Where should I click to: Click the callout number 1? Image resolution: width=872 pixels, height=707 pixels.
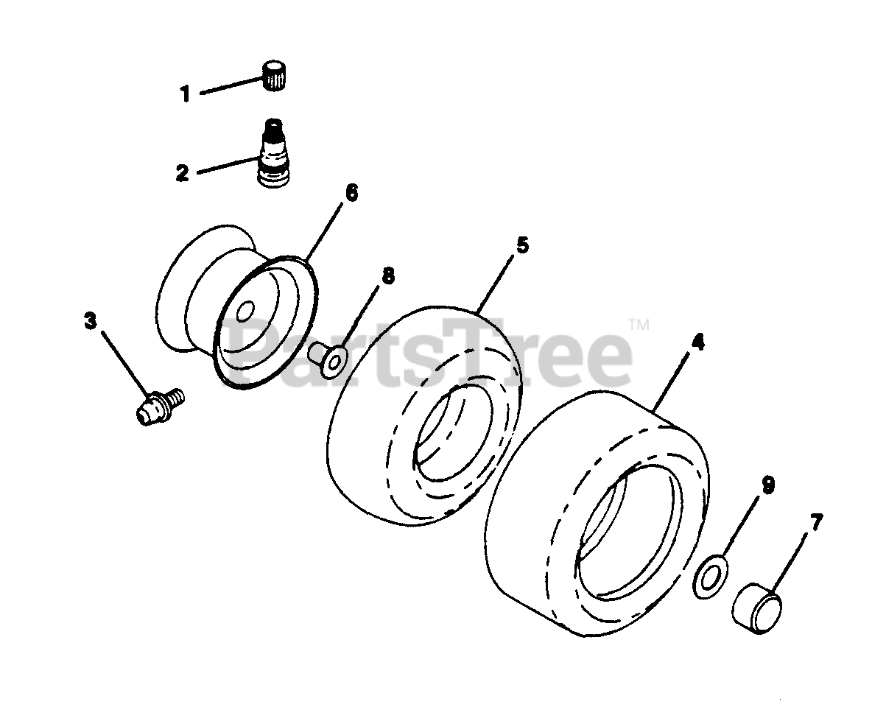click(185, 94)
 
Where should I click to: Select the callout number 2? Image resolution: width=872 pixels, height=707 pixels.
click(183, 172)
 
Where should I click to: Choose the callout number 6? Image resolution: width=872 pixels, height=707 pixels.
click(351, 193)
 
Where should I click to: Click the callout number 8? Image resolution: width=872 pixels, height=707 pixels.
click(387, 275)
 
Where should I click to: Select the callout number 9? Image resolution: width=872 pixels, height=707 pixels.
click(767, 485)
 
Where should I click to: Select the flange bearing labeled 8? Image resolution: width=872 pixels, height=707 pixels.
click(328, 359)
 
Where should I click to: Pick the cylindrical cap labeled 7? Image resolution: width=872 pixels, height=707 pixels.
click(755, 608)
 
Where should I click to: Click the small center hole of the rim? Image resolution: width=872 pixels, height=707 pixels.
click(245, 312)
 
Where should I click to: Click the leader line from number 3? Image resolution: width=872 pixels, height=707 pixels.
click(126, 362)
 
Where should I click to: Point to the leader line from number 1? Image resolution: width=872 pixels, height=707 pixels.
click(230, 87)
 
